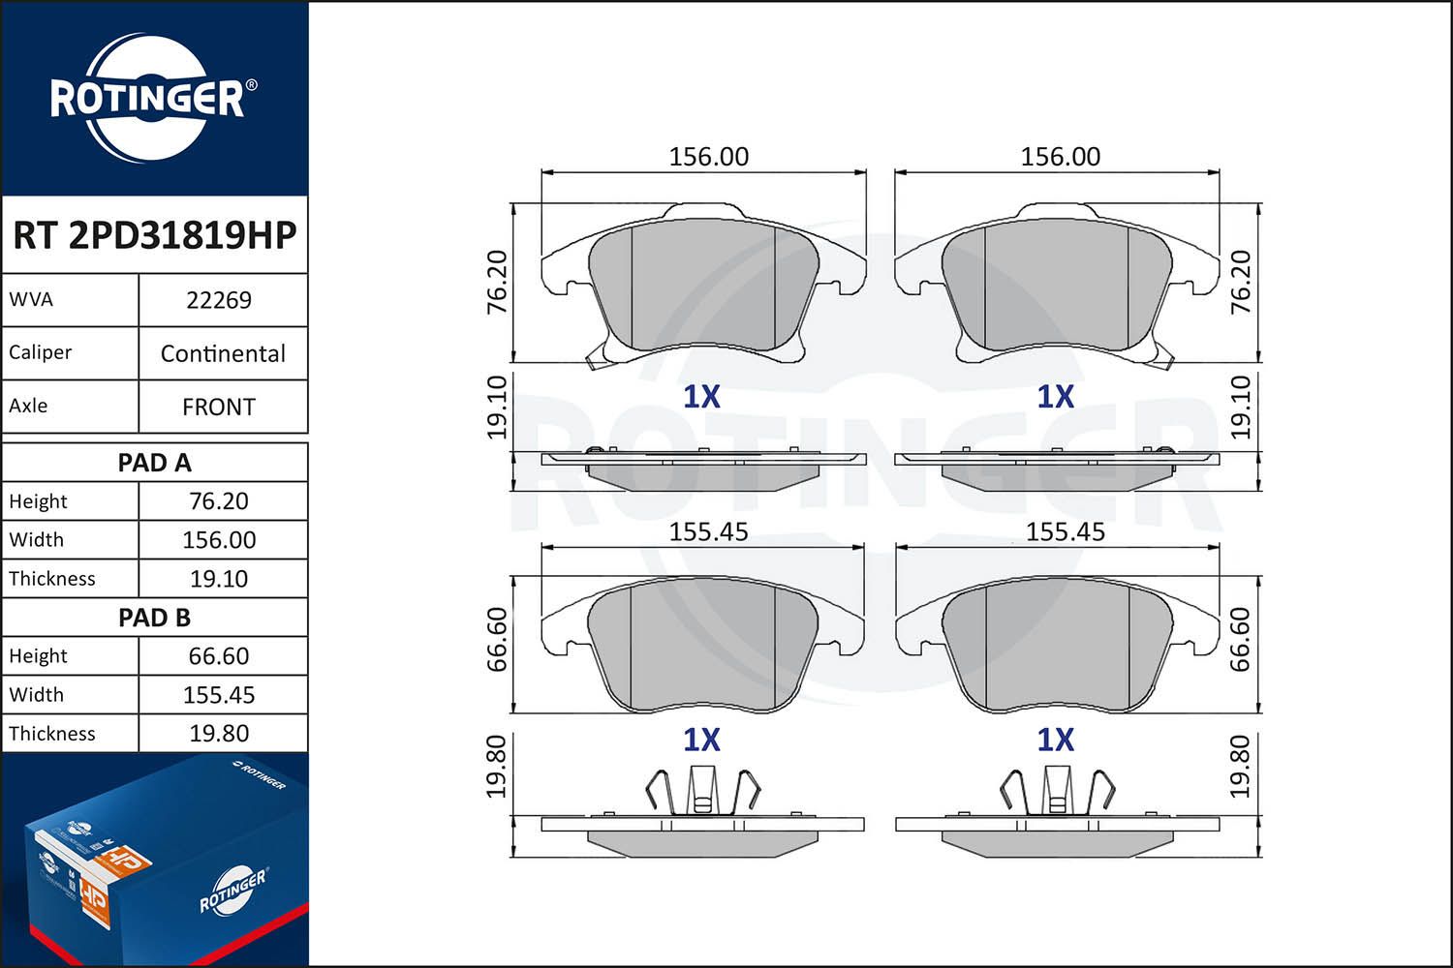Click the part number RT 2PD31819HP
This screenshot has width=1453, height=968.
(x=154, y=235)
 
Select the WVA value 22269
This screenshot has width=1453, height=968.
(x=219, y=300)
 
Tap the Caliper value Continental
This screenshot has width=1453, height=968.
(x=223, y=353)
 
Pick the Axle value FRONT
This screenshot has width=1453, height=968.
(x=219, y=407)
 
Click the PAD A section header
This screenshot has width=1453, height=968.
(x=154, y=463)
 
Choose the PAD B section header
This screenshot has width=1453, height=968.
(x=154, y=618)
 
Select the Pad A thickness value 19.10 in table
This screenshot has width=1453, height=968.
(x=219, y=579)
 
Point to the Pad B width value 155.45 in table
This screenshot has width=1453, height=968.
(x=219, y=695)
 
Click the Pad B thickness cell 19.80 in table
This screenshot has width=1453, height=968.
(x=219, y=734)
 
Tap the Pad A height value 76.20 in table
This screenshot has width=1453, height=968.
(x=219, y=501)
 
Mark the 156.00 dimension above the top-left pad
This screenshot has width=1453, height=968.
(x=708, y=157)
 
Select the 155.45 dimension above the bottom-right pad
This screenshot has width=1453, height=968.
(x=1065, y=531)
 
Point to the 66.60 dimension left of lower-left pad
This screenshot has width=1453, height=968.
(x=497, y=639)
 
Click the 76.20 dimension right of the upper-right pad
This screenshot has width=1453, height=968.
(x=1241, y=282)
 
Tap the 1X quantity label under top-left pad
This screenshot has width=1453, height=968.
(x=701, y=397)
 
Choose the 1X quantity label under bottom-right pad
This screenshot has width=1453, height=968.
(x=1055, y=741)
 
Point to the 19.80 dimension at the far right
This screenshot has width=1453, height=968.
(x=1241, y=767)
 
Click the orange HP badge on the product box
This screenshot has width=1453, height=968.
(x=126, y=859)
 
